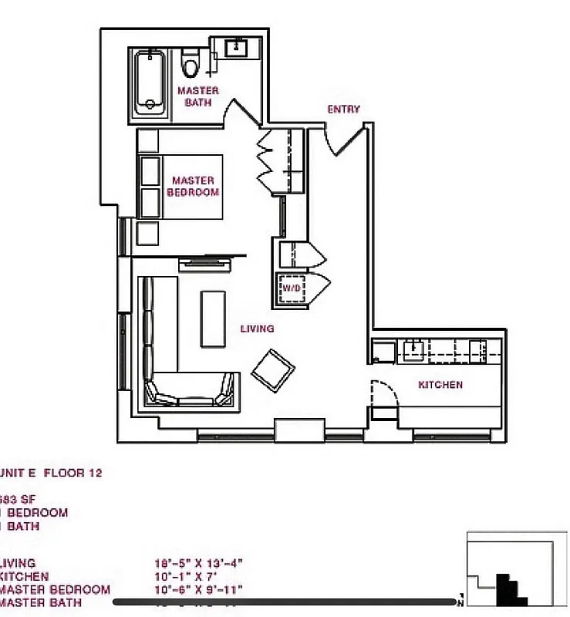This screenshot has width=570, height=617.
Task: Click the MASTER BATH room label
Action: [198, 96]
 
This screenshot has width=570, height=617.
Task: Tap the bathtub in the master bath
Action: [148, 83]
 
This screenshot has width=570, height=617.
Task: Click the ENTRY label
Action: [343, 110]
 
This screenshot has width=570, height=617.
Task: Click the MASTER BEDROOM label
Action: [193, 187]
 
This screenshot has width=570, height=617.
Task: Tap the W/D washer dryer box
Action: [292, 288]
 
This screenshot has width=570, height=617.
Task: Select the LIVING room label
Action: [257, 329]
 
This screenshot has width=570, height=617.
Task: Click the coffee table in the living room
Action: [214, 318]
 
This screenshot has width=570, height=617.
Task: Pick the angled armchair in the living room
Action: [273, 370]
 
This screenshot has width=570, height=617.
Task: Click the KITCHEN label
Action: [440, 385]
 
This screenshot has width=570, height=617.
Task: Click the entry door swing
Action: [343, 139]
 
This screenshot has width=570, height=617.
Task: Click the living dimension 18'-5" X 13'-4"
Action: [199, 564]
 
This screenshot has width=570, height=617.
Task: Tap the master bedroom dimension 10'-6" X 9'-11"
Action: [199, 590]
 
